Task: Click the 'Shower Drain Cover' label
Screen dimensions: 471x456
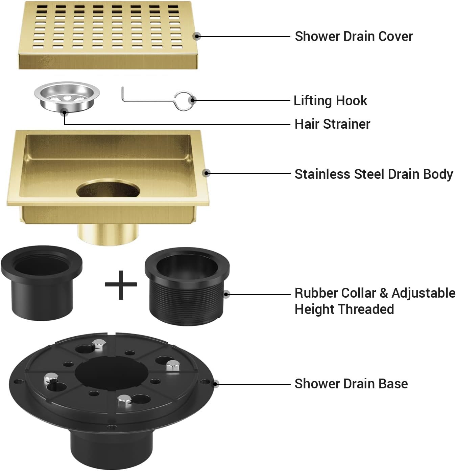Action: [x=353, y=36]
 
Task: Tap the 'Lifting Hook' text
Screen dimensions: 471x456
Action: [x=330, y=101]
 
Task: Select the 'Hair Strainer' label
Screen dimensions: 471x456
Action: [x=332, y=124]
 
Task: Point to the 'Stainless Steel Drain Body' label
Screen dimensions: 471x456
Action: [x=374, y=174]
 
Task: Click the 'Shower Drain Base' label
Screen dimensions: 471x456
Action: [x=351, y=384]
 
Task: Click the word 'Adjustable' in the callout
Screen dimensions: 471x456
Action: [x=423, y=293]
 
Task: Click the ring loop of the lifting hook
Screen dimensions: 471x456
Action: [x=185, y=100]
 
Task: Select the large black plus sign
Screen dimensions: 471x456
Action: [x=121, y=285]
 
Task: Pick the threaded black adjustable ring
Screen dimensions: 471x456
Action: [x=187, y=286]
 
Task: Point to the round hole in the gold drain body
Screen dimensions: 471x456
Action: [x=108, y=189]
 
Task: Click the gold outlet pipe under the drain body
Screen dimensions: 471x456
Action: [x=108, y=233]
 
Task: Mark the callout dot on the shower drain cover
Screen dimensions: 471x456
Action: [x=197, y=36]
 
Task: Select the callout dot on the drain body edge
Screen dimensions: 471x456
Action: [x=207, y=173]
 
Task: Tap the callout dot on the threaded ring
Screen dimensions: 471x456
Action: [x=226, y=294]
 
